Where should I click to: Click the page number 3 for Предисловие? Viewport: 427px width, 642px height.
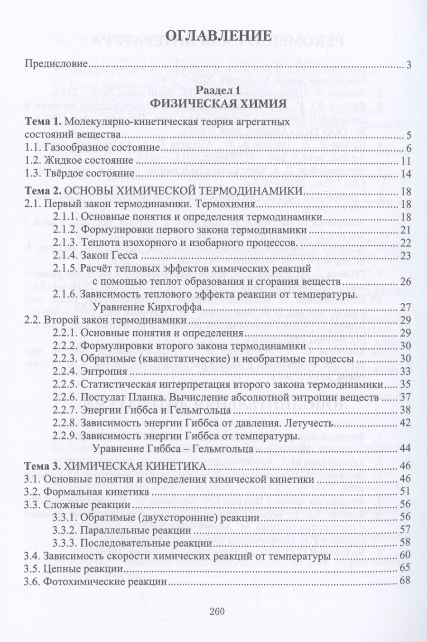pos(408,65)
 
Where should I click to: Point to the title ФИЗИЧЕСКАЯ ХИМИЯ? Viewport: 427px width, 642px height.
pos(218,103)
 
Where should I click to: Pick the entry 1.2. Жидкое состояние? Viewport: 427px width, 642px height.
pos(78,161)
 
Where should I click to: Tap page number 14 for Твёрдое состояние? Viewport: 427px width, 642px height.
pos(405,174)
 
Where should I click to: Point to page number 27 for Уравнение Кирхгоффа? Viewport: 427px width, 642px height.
pos(405,307)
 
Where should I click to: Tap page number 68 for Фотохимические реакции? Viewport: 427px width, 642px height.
pos(405,581)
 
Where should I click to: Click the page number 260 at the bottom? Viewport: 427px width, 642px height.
pos(216,612)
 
